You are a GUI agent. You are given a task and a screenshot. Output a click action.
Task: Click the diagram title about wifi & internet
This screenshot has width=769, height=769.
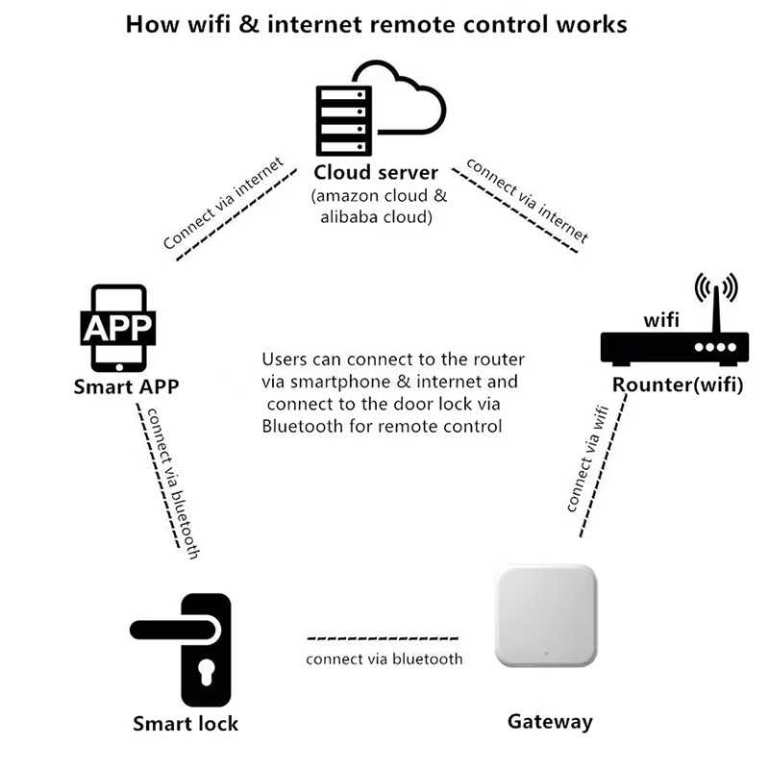point(376,23)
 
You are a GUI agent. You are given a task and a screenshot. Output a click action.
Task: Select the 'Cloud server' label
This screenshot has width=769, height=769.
point(376,173)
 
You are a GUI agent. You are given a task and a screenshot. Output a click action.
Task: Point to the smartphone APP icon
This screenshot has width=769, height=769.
point(118,328)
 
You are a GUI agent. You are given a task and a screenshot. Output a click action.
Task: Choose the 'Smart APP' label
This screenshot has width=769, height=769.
point(126,387)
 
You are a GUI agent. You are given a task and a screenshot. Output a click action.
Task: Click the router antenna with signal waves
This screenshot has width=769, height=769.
point(716,293)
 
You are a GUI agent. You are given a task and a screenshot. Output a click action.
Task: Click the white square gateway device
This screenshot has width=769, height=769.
point(545,616)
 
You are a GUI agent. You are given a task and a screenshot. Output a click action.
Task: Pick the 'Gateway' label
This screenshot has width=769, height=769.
point(550,721)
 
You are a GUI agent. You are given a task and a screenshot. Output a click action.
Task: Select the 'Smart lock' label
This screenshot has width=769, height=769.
point(186,723)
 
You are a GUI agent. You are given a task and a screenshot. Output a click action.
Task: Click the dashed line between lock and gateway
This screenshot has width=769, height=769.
point(384,638)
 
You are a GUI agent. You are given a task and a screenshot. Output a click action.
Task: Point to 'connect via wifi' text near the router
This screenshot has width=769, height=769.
point(585,459)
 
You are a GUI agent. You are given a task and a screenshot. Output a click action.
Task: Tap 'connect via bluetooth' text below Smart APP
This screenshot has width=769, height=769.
point(171,484)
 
